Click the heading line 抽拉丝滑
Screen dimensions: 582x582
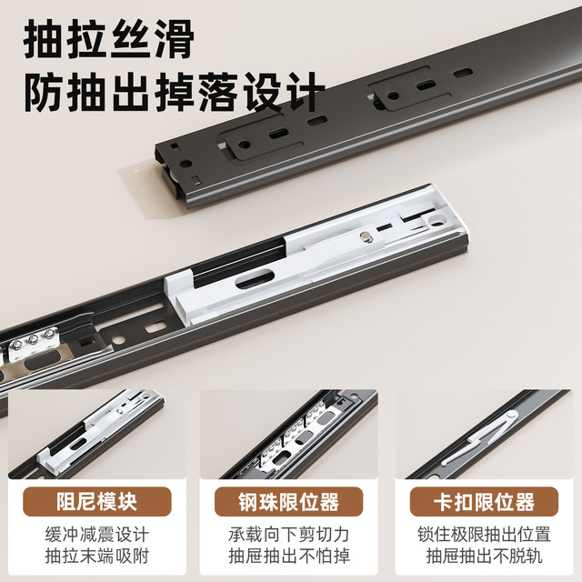point(109,38)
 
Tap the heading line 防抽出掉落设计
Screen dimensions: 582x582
point(175,92)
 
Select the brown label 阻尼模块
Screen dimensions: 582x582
point(97,501)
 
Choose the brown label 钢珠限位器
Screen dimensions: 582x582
point(288,501)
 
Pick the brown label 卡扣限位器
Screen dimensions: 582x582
point(484,501)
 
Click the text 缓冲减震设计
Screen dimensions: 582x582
point(97,535)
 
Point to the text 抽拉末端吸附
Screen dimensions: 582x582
point(97,556)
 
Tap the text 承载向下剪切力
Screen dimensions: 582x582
point(289,535)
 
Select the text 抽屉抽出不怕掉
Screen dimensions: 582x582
point(289,556)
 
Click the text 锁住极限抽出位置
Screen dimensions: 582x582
point(484,535)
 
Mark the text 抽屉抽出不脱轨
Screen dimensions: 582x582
point(484,556)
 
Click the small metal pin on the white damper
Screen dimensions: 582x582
point(367,236)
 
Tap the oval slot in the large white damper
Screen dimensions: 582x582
point(255,279)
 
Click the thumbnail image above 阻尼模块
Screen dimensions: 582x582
point(97,434)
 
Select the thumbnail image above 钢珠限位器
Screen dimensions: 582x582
point(289,434)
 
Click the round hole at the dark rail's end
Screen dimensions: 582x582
point(186,164)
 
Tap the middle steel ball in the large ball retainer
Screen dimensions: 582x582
point(34,338)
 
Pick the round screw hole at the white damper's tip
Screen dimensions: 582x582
point(436,220)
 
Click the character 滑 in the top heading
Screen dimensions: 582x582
point(174,38)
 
